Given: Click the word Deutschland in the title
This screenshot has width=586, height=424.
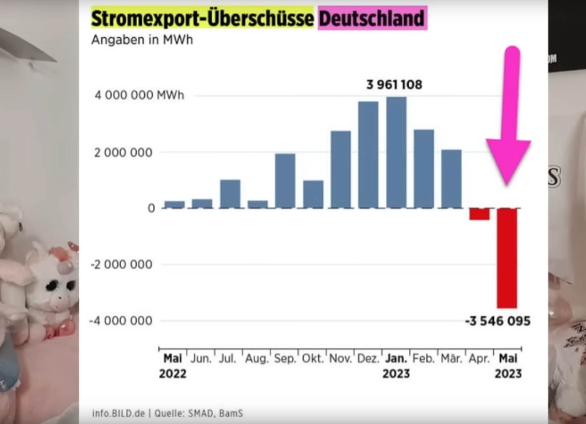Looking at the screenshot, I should click(x=372, y=18).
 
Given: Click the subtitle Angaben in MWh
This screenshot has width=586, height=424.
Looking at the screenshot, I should click(x=142, y=40).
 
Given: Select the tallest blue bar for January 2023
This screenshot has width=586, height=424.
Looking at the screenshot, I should click(x=396, y=153).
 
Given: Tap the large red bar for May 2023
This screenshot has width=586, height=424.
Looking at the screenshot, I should click(x=507, y=258).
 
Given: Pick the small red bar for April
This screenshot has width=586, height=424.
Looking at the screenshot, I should click(x=479, y=214).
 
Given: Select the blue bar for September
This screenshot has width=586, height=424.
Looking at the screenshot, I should click(x=285, y=181).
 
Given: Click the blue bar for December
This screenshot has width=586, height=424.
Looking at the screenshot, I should click(x=368, y=155).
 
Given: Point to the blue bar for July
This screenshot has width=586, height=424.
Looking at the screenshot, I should click(x=230, y=194).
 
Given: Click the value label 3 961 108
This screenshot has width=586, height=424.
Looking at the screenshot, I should click(x=394, y=84).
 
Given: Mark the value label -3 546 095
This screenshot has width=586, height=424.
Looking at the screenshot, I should click(x=498, y=321).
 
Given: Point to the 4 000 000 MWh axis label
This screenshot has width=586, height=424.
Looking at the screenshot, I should click(x=139, y=95).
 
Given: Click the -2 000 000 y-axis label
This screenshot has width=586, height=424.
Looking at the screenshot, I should click(x=121, y=264).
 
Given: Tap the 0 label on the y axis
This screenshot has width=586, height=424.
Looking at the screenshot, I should click(x=151, y=208).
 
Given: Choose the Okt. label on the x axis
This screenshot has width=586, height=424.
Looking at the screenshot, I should click(x=313, y=359).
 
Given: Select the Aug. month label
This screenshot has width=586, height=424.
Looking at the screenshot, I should click(x=257, y=359).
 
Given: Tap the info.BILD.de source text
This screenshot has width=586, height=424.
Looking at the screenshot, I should click(x=119, y=413).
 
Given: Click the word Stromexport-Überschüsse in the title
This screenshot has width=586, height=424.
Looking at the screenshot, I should click(x=202, y=18).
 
